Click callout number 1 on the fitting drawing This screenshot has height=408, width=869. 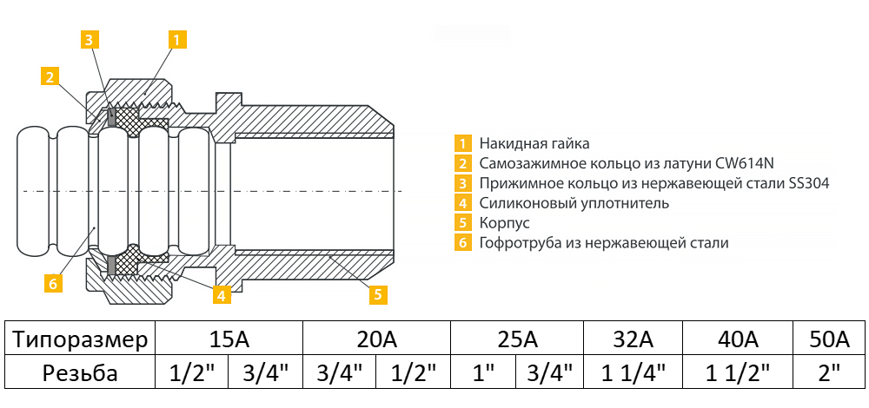tap(176, 40)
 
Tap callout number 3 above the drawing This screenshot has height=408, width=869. tap(90, 40)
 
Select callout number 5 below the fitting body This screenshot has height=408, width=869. tap(379, 294)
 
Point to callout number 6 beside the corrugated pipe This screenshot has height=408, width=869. tap(53, 283)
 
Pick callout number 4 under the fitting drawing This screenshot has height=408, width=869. tap(222, 294)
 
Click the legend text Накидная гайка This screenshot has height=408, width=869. tap(534, 144)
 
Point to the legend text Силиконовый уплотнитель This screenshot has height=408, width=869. tap(574, 203)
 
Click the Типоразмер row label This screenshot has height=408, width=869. tap(80, 339)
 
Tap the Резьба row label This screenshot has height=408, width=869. tap(80, 373)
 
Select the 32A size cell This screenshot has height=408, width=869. tap(633, 339)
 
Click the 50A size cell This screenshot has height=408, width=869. tap(829, 339)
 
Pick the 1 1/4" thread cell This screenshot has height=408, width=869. tap(633, 373)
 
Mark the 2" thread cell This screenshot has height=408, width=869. tap(829, 373)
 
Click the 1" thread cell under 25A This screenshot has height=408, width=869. tap(483, 373)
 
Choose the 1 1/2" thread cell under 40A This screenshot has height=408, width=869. tap(738, 373)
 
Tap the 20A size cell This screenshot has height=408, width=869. tap(376, 339)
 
